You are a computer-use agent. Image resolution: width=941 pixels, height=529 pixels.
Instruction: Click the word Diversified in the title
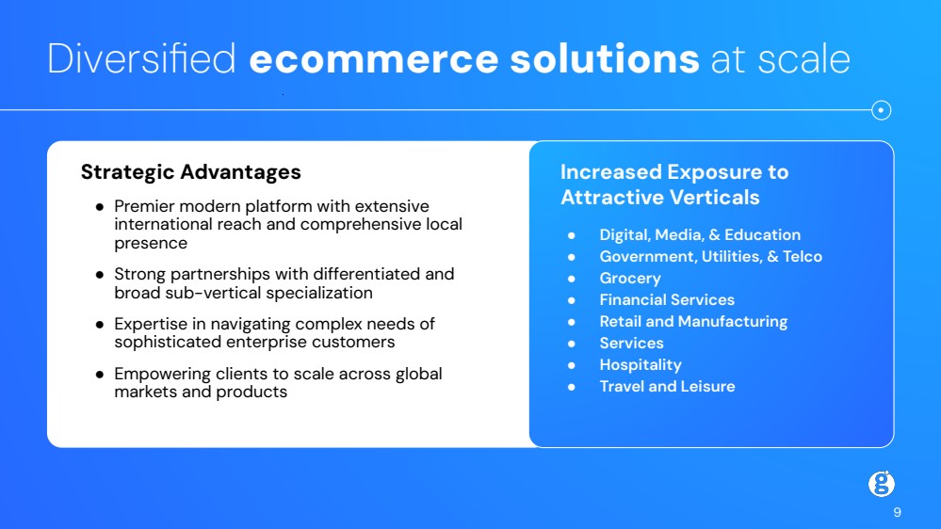tap(141, 58)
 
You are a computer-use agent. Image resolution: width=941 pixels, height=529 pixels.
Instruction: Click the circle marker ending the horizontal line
tap(881, 110)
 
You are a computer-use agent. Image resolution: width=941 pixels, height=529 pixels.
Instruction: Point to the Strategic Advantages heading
tap(191, 172)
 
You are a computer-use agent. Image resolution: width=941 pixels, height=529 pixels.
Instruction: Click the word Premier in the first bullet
tap(144, 206)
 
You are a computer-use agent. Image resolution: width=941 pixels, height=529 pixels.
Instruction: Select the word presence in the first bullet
tap(151, 244)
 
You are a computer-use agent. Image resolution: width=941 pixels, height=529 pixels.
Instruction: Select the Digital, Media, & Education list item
tap(700, 235)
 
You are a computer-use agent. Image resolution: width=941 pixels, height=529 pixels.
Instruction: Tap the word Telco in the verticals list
tap(803, 257)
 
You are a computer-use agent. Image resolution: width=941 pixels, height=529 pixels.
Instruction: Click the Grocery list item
tap(630, 279)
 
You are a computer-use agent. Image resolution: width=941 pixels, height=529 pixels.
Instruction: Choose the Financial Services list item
tap(667, 300)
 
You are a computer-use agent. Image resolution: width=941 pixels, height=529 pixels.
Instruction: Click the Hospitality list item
tap(641, 365)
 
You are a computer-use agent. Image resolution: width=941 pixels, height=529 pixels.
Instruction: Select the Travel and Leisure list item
tap(667, 386)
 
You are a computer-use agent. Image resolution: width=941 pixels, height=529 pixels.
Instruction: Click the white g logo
tap(882, 484)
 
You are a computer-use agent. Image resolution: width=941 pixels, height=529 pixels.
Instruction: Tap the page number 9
tap(897, 512)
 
